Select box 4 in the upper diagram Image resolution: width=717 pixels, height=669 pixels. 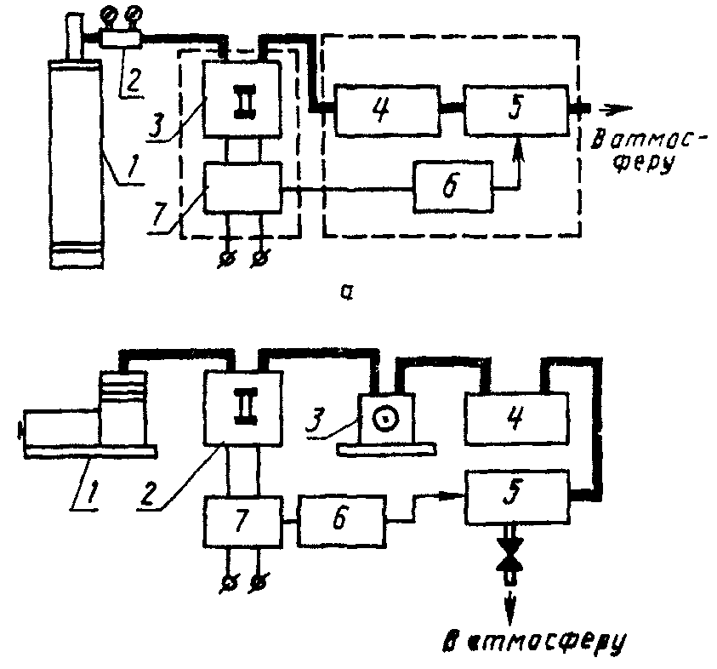point(386,110)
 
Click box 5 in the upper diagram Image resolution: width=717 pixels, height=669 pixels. point(516,110)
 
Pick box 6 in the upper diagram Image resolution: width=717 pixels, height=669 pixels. point(452,186)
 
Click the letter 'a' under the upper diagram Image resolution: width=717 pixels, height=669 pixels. point(346,293)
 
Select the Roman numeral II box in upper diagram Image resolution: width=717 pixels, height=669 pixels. point(244,100)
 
